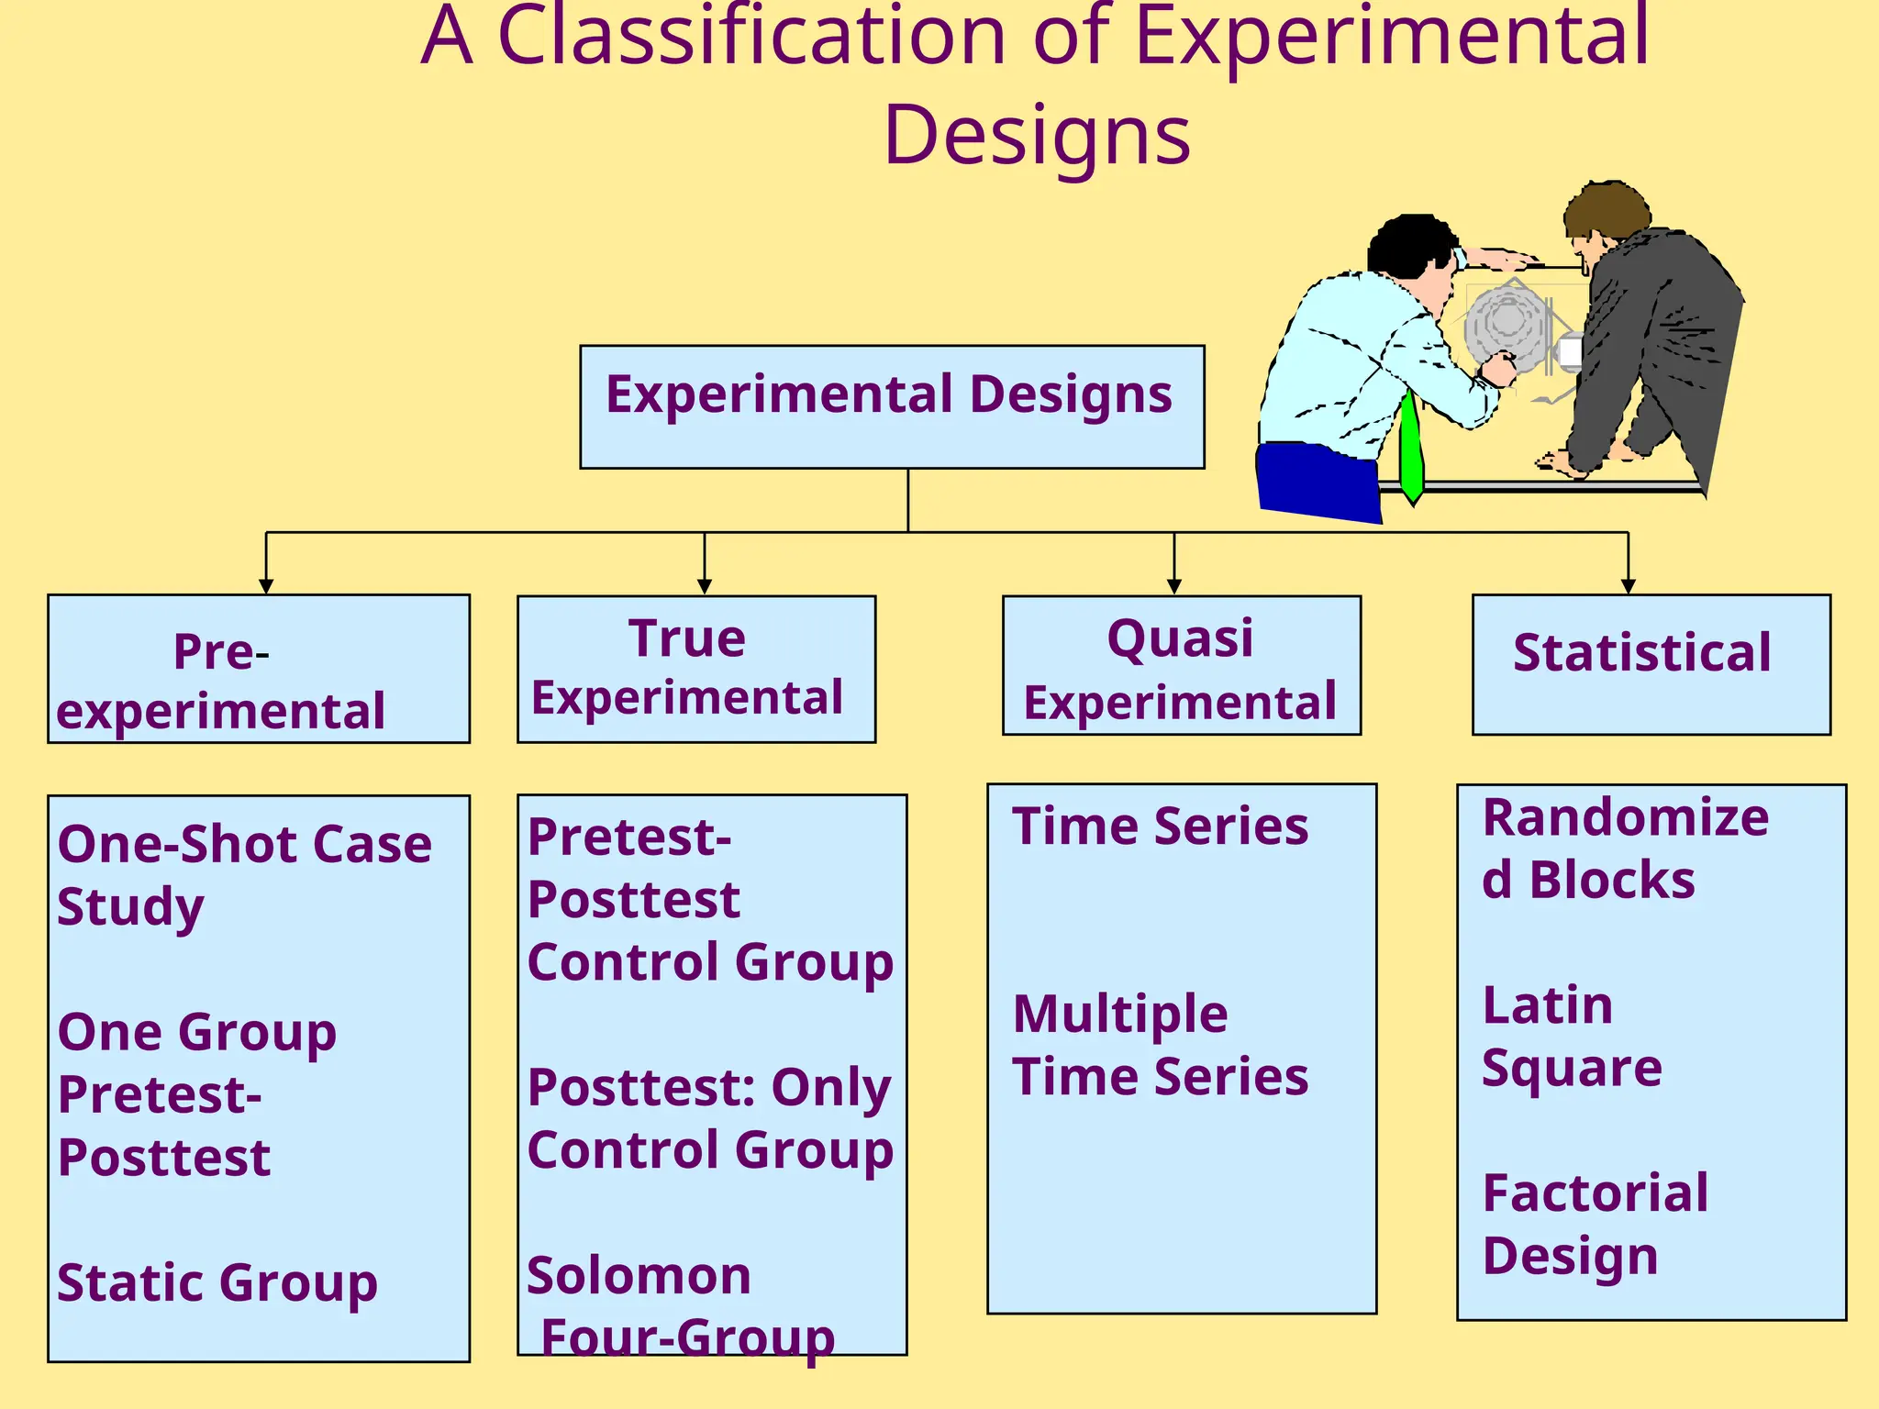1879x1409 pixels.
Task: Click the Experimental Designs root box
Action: pyautogui.click(x=891, y=406)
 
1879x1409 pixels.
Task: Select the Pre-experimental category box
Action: pyautogui.click(x=258, y=669)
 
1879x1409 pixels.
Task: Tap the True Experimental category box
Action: pyautogui.click(x=695, y=669)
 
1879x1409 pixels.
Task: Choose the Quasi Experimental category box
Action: pyautogui.click(x=1181, y=666)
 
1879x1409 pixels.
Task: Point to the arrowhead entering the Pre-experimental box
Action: pyautogui.click(x=266, y=587)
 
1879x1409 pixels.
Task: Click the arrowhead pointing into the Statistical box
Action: pyautogui.click(x=1628, y=587)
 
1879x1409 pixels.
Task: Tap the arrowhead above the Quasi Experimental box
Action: pyautogui.click(x=1173, y=587)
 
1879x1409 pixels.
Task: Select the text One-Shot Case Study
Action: pyautogui.click(x=243, y=874)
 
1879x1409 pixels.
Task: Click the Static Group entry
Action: pyautogui.click(x=217, y=1281)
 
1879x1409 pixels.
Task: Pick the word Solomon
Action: pyautogui.click(x=639, y=1275)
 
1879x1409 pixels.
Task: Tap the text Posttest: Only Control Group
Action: pyautogui.click(x=709, y=1118)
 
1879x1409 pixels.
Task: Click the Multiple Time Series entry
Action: pyautogui.click(x=1160, y=1045)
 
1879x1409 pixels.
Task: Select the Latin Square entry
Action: pyautogui.click(x=1571, y=1037)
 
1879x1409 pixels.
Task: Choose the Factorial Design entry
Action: pyautogui.click(x=1595, y=1225)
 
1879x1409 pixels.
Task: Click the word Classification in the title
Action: pyautogui.click(x=751, y=37)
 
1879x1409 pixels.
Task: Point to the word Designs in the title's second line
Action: pyautogui.click(x=1037, y=136)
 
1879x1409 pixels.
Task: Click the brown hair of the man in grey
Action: pyautogui.click(x=1606, y=208)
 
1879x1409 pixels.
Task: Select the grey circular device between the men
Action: pyautogui.click(x=1507, y=327)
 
